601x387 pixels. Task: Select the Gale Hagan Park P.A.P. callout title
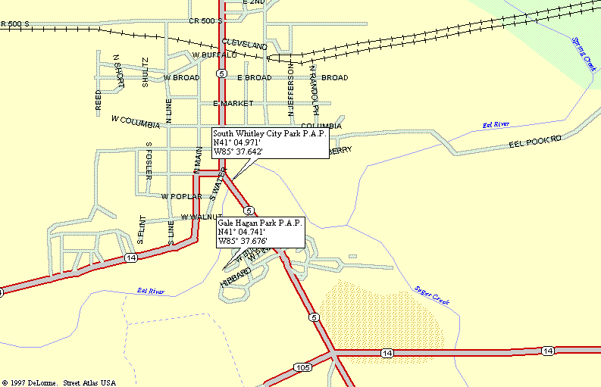point(260,223)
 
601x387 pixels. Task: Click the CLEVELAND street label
point(245,45)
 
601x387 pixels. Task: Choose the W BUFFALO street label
point(214,55)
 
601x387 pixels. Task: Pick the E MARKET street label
point(233,103)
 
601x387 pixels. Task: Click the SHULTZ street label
point(145,73)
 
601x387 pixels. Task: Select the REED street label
point(98,101)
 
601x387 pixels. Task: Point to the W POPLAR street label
point(181,196)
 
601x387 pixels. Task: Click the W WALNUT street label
point(200,217)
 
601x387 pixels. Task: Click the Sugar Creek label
point(432,295)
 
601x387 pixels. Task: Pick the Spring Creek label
point(583,53)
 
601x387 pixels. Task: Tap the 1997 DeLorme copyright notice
point(58,382)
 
